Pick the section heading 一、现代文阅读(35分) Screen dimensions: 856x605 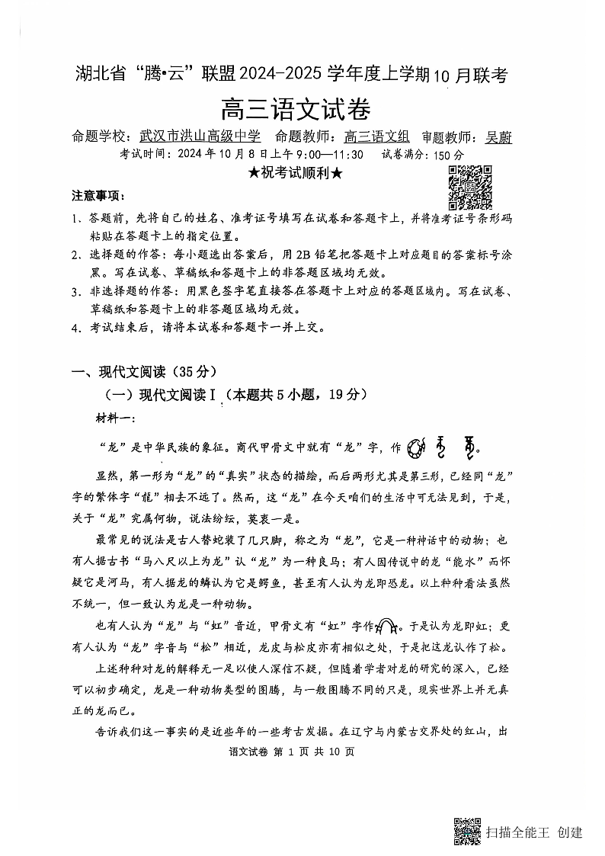(x=144, y=372)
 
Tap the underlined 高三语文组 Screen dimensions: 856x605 (x=377, y=137)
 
